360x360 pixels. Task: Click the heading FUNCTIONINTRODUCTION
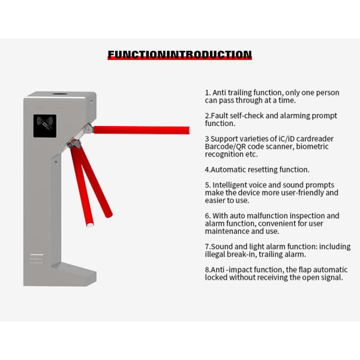(x=179, y=55)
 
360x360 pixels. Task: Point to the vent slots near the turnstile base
(x=37, y=259)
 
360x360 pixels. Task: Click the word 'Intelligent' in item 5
(x=236, y=185)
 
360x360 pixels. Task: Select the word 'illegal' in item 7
(x=217, y=254)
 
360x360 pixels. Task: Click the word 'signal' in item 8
(x=330, y=278)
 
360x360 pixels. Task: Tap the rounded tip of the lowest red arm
(x=89, y=224)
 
